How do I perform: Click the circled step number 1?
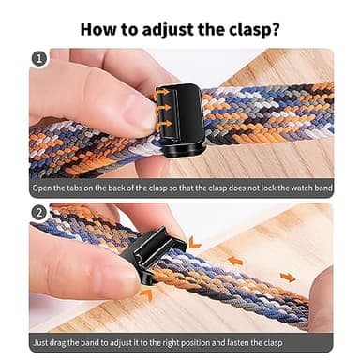(38, 60)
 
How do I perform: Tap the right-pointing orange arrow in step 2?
(287, 277)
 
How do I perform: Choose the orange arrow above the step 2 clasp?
(193, 243)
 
